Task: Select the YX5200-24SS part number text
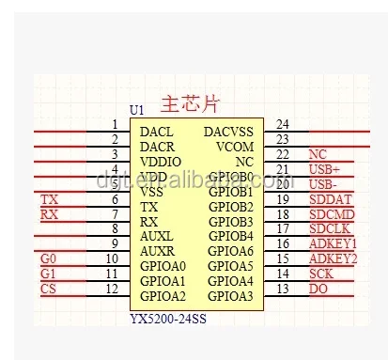pos(168,318)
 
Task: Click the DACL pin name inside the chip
pos(156,132)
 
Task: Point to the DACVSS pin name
pos(228,132)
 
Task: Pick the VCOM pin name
pos(235,147)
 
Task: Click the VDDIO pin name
pos(161,162)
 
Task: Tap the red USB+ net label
pos(324,169)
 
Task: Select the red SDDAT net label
pos(329,199)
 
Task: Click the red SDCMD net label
pos(331,214)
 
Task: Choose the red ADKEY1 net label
pos(333,244)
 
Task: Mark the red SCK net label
pos(320,274)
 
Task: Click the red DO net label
pos(318,289)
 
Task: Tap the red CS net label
pos(48,289)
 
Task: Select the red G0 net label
pos(49,258)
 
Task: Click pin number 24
pos(282,124)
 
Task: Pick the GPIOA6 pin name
pos(231,251)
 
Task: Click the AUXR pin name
pos(157,251)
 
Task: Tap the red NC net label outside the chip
pos(318,154)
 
